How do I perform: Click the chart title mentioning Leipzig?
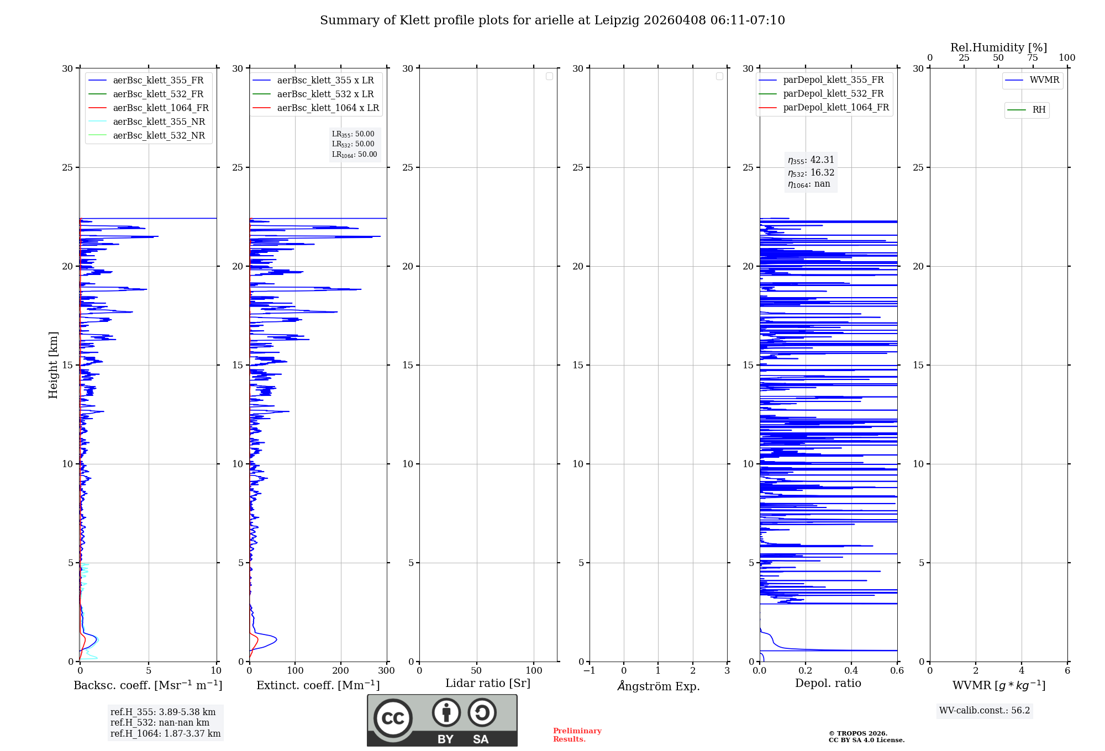tap(552, 20)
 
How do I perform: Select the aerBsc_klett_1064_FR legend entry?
tap(160, 108)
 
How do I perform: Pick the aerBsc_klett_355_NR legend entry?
tap(159, 122)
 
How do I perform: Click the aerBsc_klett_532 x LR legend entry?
tap(325, 94)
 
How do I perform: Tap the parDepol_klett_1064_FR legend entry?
tap(835, 108)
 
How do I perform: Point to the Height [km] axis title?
tap(53, 365)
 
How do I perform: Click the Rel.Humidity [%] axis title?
tap(998, 47)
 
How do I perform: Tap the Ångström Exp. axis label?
tap(658, 686)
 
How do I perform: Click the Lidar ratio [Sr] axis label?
tap(488, 683)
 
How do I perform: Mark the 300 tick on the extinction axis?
tap(387, 671)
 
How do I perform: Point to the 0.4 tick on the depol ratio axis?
tap(851, 671)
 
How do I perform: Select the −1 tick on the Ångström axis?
tap(590, 671)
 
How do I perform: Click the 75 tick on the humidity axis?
tap(1033, 58)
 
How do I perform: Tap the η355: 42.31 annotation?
tap(811, 160)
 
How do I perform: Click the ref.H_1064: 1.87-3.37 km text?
tap(165, 734)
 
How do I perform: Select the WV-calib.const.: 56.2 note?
tap(985, 711)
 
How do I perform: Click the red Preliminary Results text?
tap(577, 735)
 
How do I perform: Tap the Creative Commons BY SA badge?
tap(442, 721)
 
